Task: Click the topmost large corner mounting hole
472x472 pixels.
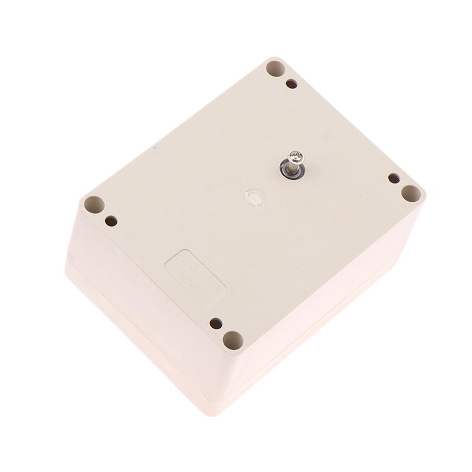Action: (x=274, y=68)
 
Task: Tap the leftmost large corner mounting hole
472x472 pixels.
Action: (x=93, y=205)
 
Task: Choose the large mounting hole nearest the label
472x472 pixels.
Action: (x=232, y=340)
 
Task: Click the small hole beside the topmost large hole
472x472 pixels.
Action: (x=291, y=84)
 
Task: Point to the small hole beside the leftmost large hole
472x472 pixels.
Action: (x=111, y=221)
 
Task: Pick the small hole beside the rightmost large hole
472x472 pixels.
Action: (x=393, y=178)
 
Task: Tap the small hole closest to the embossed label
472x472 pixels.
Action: (x=216, y=323)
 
